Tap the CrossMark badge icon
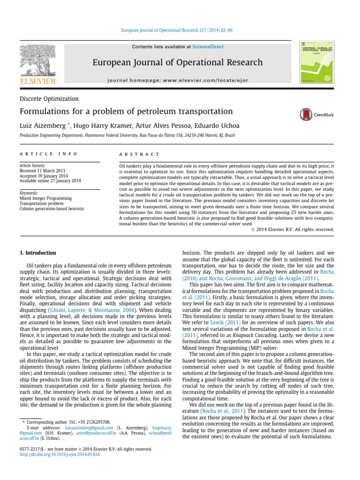(307, 114)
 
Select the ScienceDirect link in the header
(208, 47)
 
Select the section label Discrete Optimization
(49, 99)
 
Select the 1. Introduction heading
(38, 253)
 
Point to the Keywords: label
(29, 193)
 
